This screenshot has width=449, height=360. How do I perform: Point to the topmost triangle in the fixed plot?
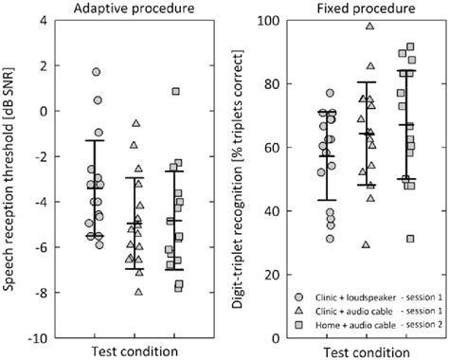369,27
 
